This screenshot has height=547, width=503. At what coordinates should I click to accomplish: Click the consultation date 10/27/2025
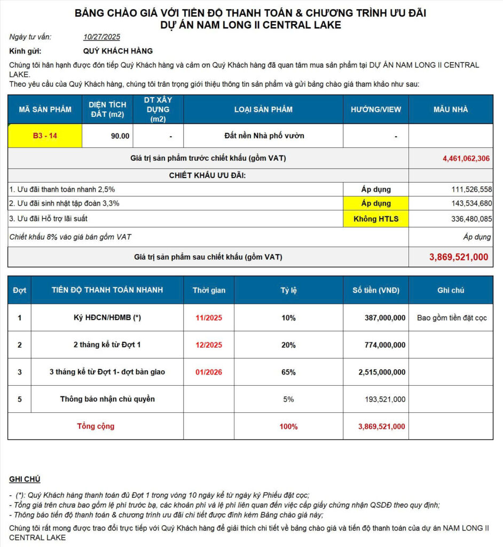101,37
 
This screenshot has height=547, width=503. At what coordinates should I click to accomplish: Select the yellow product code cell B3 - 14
45,136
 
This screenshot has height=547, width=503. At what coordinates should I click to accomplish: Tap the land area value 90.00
120,136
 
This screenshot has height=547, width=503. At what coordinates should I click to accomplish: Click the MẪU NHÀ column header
451,110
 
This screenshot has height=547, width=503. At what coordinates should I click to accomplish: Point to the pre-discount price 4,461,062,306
466,158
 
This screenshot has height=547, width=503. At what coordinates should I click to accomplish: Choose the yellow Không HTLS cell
376,218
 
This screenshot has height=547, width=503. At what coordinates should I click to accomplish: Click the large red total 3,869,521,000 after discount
459,257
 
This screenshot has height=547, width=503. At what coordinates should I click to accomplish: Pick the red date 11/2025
209,318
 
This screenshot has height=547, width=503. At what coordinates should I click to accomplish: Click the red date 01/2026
209,372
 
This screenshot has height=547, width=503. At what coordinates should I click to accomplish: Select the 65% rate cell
288,372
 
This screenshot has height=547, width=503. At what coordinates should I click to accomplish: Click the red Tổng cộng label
96,426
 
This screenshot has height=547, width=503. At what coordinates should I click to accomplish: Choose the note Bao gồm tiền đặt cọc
452,318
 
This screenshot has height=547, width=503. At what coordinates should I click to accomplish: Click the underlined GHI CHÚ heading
25,479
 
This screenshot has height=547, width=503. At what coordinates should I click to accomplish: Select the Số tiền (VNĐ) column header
376,290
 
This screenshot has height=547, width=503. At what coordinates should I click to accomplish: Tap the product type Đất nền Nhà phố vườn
264,136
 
